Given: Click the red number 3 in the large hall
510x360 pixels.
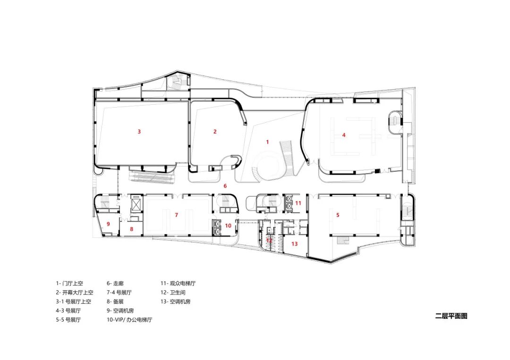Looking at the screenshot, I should (x=139, y=132).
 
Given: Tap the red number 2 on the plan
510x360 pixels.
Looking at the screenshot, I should (x=215, y=132).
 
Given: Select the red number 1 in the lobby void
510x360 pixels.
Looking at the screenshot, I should (x=267, y=142).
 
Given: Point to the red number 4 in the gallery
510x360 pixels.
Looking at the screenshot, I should (x=344, y=135).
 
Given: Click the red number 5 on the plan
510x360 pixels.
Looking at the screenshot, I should (x=338, y=215).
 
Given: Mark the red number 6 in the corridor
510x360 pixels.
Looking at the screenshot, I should (x=225, y=186).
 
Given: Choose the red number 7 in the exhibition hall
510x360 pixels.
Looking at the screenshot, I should (x=176, y=215).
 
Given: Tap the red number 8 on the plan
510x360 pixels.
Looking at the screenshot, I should (x=132, y=229).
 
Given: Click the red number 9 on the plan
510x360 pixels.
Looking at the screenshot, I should (x=108, y=224).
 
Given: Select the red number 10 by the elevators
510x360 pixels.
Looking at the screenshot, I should (x=228, y=226).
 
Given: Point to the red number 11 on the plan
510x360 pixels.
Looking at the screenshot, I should (x=298, y=203).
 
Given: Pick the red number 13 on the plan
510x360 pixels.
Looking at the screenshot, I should (x=294, y=244).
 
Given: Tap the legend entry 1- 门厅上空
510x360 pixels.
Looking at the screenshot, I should (x=69, y=284).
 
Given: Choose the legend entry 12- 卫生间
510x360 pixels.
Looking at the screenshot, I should (x=173, y=293).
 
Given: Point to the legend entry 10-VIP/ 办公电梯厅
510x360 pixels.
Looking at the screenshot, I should (x=129, y=319).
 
